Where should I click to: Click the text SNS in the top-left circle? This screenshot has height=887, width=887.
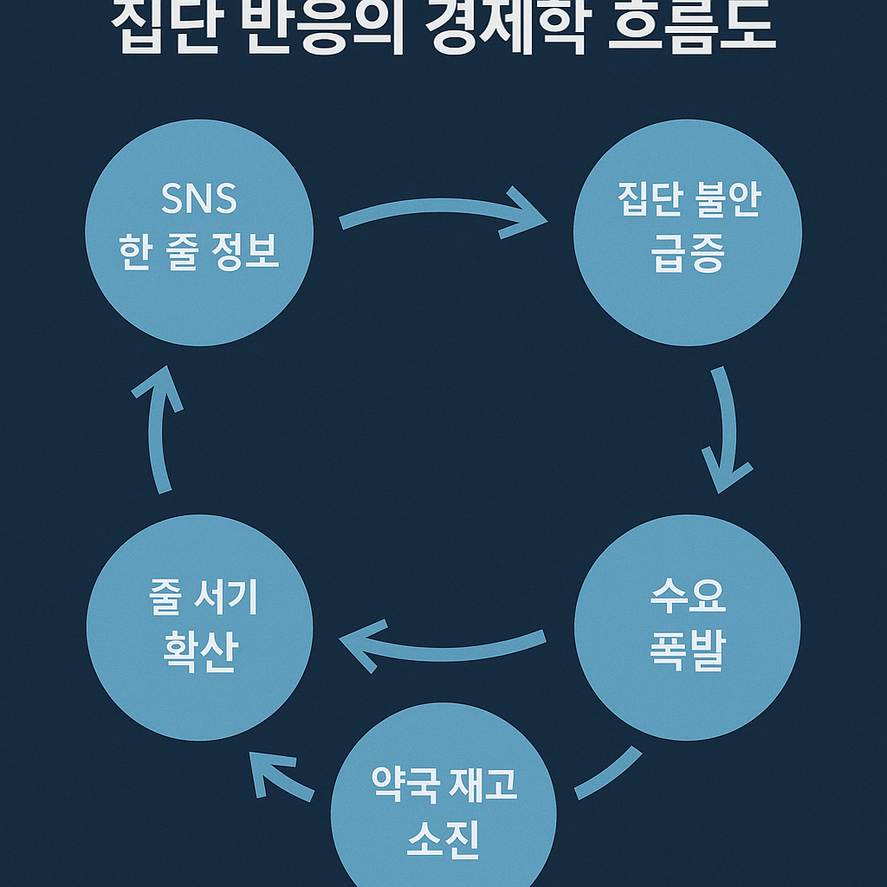[199, 201]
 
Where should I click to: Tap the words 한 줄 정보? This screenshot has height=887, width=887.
[199, 252]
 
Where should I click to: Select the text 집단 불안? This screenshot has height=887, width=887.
[688, 201]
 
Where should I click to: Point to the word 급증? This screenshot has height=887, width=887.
[688, 256]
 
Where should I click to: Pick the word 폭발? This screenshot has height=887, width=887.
[688, 651]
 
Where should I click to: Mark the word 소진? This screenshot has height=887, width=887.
[443, 838]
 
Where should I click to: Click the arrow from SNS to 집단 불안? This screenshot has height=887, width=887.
[442, 210]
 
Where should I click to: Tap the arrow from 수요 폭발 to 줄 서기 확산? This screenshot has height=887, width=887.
[442, 650]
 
